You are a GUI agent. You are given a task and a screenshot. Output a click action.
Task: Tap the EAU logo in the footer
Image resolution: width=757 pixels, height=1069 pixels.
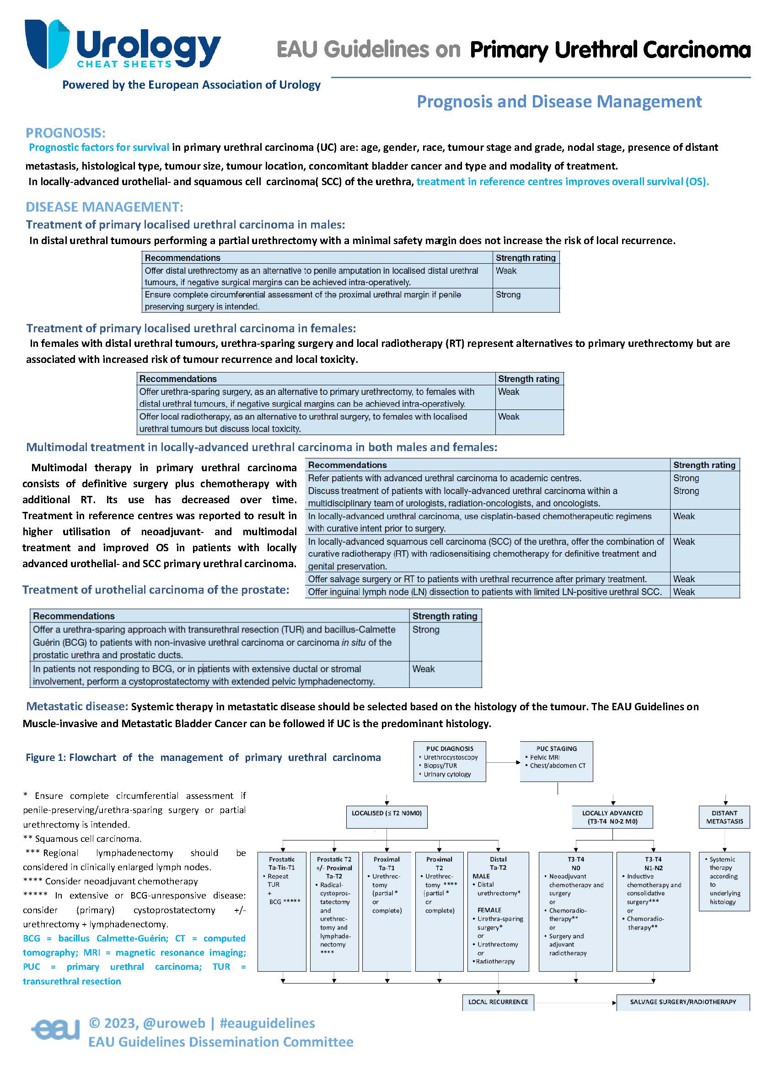click(x=55, y=1030)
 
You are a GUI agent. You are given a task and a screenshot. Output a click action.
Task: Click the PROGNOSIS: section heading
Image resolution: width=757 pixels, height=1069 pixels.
click(x=66, y=133)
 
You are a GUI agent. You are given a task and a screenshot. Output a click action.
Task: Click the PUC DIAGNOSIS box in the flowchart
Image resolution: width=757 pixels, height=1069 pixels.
click(x=449, y=761)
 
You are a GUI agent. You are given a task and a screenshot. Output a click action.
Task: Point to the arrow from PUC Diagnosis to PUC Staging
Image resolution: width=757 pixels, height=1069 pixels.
click(x=503, y=762)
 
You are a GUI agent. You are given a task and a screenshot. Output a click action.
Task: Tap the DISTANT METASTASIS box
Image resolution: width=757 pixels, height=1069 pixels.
click(x=724, y=817)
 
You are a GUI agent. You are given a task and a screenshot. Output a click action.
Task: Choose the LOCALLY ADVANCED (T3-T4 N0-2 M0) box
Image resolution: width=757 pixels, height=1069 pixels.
click(x=612, y=817)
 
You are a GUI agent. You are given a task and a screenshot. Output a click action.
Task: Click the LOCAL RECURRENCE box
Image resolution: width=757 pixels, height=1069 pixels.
click(x=498, y=1002)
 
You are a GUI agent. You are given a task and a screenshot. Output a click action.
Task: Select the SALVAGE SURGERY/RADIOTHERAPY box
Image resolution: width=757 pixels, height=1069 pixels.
click(x=682, y=1002)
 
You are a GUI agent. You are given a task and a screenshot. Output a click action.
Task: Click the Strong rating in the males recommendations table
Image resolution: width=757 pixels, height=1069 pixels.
click(x=508, y=295)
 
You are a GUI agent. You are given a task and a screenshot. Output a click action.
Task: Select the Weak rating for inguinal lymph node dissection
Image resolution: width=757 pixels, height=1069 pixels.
click(x=683, y=592)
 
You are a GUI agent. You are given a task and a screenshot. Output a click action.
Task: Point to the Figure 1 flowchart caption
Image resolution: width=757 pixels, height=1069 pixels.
click(x=203, y=758)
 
